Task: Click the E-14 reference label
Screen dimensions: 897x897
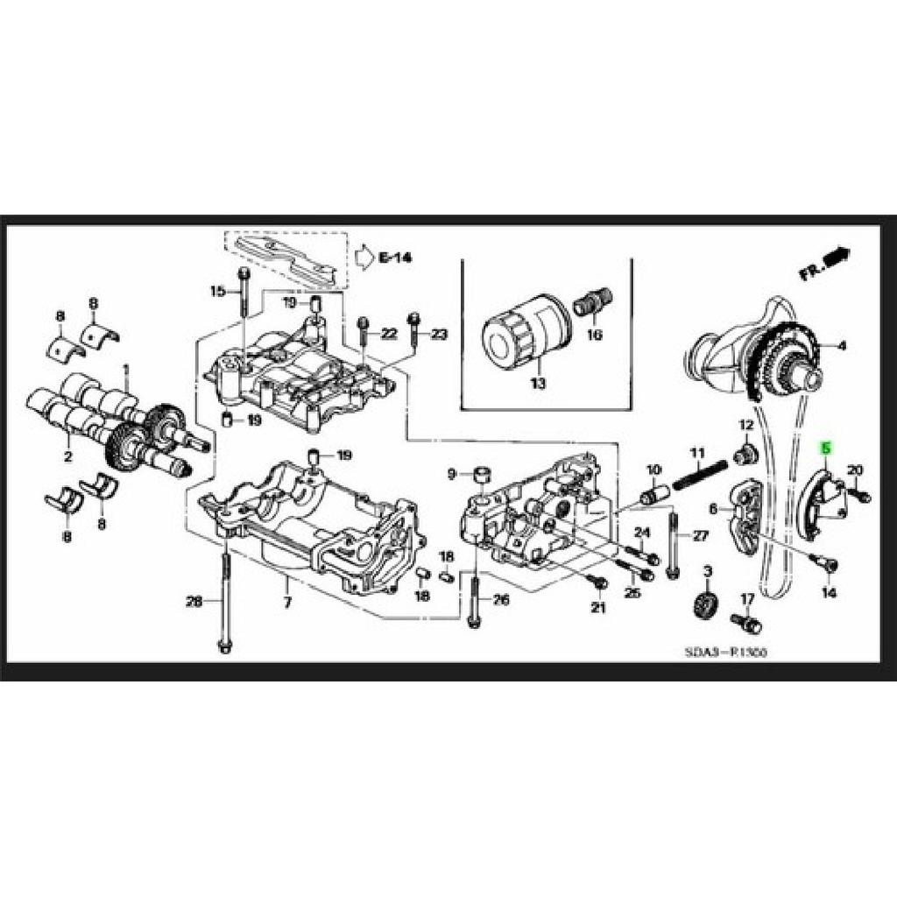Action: pos(395,257)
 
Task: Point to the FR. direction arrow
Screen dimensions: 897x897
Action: pos(823,262)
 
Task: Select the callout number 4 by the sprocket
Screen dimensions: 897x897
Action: pos(842,346)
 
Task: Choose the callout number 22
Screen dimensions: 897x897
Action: pos(389,334)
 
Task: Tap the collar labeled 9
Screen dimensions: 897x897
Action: pos(481,476)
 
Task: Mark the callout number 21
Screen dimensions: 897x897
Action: pos(598,607)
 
